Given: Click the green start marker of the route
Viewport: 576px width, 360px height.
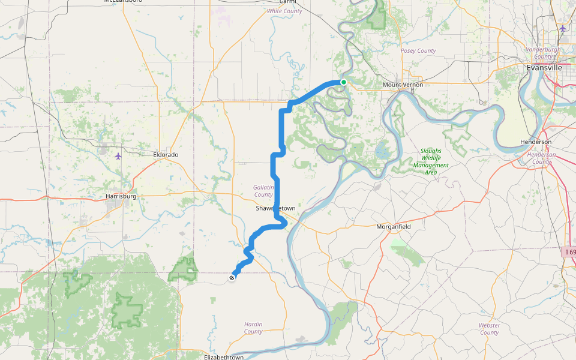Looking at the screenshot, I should [343, 82].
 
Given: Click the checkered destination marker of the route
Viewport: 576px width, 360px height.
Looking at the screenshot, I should [232, 277].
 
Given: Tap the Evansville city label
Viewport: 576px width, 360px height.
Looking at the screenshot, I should [544, 68].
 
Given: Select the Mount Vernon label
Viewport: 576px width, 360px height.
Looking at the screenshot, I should [403, 85].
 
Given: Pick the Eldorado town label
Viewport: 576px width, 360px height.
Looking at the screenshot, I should [166, 155].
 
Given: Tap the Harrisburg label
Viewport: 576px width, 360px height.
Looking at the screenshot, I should [121, 196].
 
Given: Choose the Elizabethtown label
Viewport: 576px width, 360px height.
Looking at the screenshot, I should [224, 358].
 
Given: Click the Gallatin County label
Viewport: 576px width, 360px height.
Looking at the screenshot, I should [263, 191].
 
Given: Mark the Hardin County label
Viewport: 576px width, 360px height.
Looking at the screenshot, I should [253, 328].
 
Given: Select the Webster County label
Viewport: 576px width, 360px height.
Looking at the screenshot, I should [489, 329].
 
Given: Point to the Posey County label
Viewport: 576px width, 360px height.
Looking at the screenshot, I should [418, 51].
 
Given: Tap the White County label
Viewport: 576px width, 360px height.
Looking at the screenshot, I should [284, 11].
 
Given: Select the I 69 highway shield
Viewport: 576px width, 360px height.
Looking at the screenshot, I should [570, 252].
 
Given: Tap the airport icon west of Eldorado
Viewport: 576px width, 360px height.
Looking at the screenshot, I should [118, 156].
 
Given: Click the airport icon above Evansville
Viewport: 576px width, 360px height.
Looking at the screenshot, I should [562, 28].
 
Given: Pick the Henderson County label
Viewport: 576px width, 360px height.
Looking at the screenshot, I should [541, 158].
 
